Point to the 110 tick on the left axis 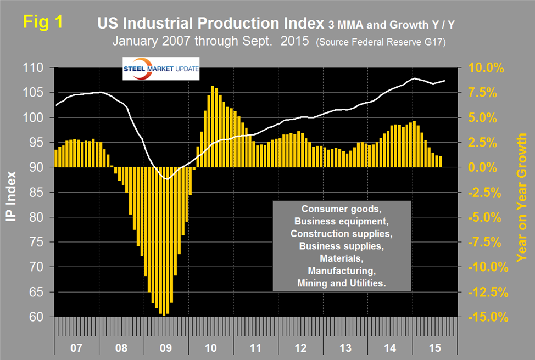point(38,68)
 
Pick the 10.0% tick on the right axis point(484,68)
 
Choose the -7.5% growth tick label point(484,243)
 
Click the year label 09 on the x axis point(166,348)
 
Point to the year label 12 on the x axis point(299,348)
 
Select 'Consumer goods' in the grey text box point(342,209)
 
